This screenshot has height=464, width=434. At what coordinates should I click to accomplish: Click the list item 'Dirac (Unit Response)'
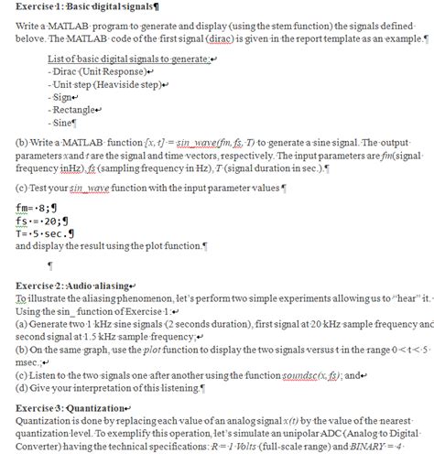tap(88, 70)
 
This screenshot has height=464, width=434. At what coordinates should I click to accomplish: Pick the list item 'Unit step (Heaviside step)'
tap(98, 82)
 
